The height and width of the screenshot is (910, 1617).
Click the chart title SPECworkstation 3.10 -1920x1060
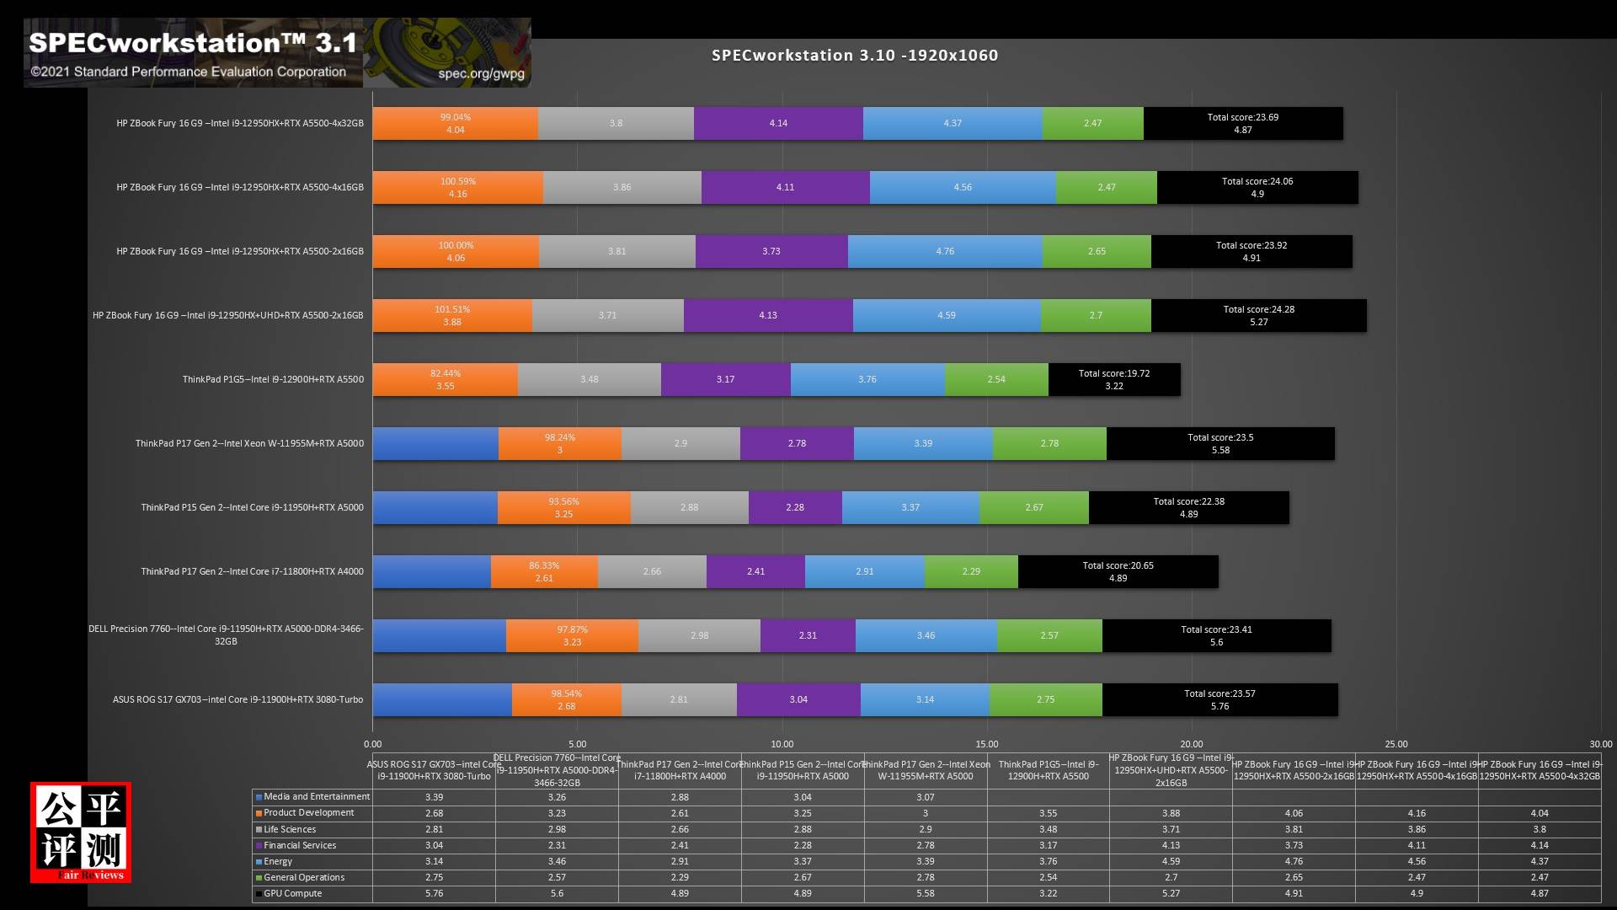[855, 56]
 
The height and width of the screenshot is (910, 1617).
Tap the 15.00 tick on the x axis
[986, 744]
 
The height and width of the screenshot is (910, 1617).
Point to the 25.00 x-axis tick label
[1396, 744]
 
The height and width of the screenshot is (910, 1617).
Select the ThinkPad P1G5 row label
[273, 379]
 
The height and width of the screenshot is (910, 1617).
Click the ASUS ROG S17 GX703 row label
[238, 699]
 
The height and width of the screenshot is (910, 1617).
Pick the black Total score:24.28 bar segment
[1258, 315]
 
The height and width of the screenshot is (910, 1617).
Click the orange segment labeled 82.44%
[445, 379]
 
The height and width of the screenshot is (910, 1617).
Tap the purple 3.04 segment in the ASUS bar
[798, 699]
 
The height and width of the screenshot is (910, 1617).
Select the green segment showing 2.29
[970, 571]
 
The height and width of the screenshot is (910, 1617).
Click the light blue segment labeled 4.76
[944, 251]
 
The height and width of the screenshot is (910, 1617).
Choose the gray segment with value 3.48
[589, 379]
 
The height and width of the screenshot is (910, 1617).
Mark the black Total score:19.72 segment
[1113, 379]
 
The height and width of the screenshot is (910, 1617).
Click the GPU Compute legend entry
[292, 893]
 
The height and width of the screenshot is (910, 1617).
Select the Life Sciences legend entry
[290, 829]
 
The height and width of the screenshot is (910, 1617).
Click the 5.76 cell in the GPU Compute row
[434, 893]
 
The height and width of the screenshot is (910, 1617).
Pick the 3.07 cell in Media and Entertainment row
[925, 797]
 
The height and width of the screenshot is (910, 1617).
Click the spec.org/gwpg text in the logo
[481, 73]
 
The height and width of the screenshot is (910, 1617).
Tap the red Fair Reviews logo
[81, 832]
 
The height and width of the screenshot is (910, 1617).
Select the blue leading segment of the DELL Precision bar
[439, 635]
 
